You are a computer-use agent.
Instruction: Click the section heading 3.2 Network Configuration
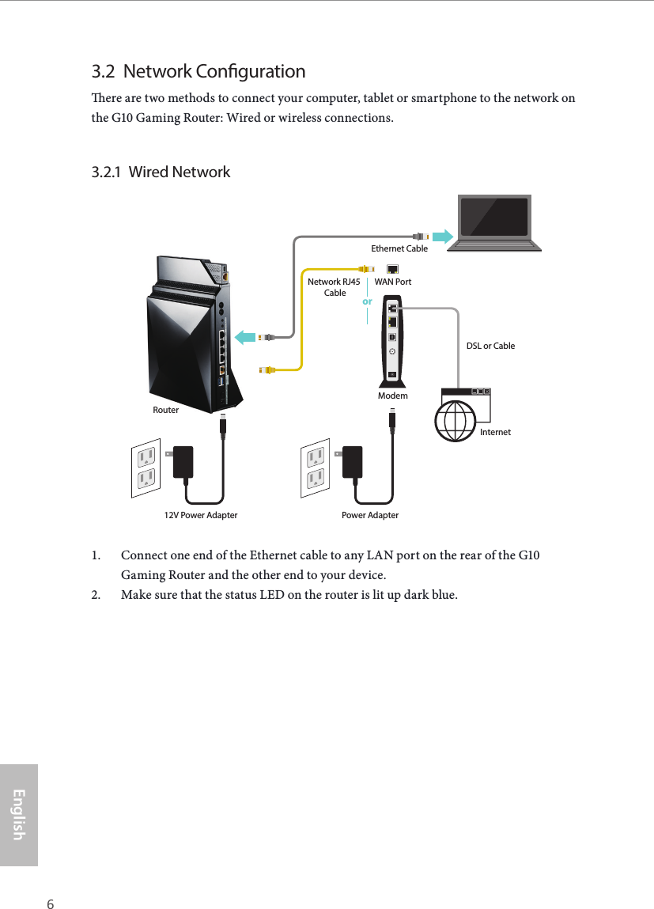point(198,71)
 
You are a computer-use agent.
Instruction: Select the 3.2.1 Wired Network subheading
point(161,172)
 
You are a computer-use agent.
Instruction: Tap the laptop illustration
point(494,222)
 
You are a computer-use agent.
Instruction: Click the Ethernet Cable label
point(399,248)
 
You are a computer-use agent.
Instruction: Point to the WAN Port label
point(392,282)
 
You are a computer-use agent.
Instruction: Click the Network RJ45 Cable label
point(335,287)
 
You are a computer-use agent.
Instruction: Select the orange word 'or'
point(367,301)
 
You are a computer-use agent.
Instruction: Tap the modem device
point(392,338)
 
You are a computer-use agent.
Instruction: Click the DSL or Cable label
point(490,346)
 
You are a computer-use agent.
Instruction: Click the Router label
point(166,410)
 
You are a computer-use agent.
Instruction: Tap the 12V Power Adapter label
point(200,515)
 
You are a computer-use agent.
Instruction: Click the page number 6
point(51,882)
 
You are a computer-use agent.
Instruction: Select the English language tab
point(19,814)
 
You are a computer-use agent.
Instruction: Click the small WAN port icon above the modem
point(393,269)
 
